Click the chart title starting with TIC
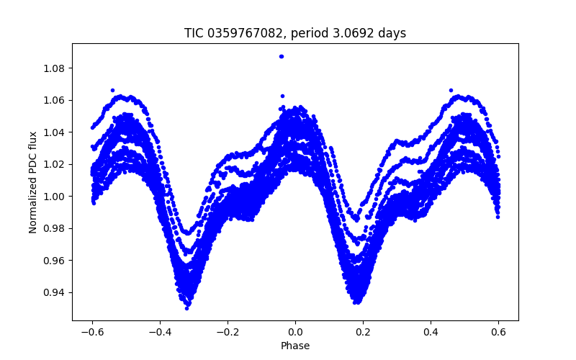pos(295,33)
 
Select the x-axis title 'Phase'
pos(295,346)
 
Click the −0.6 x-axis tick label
pos(92,332)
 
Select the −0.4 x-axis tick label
pos(160,332)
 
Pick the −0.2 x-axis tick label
pos(228,332)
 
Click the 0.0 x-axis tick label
pos(295,332)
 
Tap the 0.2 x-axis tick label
pos(363,332)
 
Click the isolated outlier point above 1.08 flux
pos(282,56)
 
